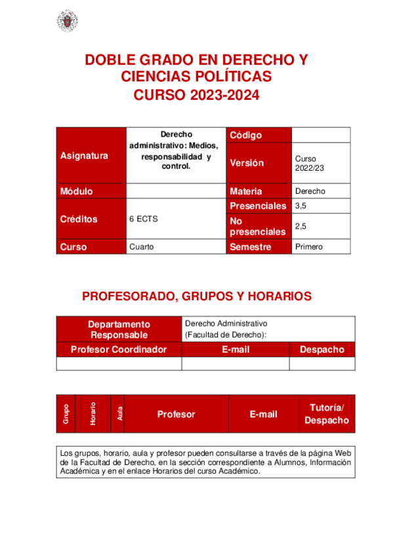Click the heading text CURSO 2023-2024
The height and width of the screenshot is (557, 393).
[x=197, y=95]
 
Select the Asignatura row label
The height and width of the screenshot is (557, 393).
[x=84, y=156]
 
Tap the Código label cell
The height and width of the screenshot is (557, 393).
[x=246, y=135]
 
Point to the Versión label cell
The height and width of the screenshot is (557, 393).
[x=247, y=163]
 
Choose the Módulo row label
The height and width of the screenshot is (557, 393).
[x=76, y=191]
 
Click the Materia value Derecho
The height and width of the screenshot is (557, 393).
[x=310, y=191]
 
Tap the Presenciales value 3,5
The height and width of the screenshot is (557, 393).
[x=302, y=206]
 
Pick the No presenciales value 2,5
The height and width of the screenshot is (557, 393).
[x=302, y=226]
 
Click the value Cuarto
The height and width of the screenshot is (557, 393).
[x=142, y=247]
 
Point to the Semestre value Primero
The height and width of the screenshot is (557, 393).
[x=308, y=247]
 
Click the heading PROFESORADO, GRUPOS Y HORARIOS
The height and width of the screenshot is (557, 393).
[x=197, y=296]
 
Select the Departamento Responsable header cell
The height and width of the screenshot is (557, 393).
[x=119, y=329]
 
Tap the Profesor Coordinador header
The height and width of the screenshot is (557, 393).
[x=119, y=349]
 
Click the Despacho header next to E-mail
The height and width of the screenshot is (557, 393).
[x=321, y=349]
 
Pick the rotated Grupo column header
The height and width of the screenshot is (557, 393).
[x=66, y=414]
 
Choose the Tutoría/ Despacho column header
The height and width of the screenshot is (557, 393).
[x=327, y=414]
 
